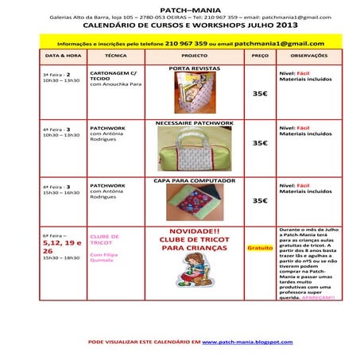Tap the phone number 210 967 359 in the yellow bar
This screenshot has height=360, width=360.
tap(189, 43)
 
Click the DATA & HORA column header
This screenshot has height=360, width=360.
tap(61, 56)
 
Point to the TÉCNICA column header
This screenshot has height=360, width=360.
tap(116, 56)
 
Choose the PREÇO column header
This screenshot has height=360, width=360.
tap(260, 56)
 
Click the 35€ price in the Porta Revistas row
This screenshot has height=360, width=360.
tap(260, 93)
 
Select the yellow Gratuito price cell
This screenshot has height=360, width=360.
tap(260, 247)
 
